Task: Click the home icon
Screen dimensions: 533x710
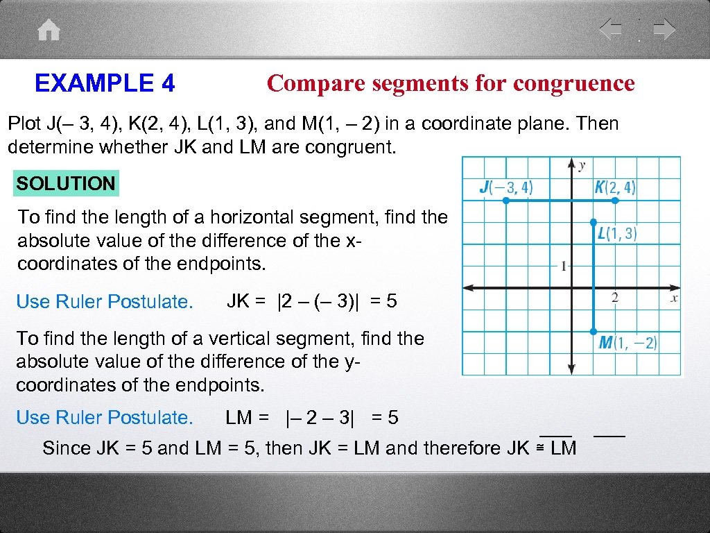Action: point(49,31)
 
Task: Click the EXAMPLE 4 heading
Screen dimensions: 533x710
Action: point(105,84)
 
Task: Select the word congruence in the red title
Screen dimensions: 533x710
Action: point(574,83)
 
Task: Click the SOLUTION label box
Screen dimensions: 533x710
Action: point(66,184)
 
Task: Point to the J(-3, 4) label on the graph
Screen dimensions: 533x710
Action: point(506,187)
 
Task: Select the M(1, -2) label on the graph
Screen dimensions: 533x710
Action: point(628,343)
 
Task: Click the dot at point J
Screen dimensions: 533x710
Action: point(506,201)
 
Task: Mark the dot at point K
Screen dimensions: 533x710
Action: point(615,201)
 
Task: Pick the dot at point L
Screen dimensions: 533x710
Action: point(594,223)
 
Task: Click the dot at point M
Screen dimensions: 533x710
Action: point(594,331)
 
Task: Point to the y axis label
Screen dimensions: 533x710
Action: point(582,165)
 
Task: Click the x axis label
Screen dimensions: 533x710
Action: point(674,298)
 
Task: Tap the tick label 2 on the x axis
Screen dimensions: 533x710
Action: point(615,298)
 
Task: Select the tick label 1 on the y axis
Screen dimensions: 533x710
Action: point(564,266)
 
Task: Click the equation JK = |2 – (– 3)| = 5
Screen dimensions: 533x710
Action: point(312,302)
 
